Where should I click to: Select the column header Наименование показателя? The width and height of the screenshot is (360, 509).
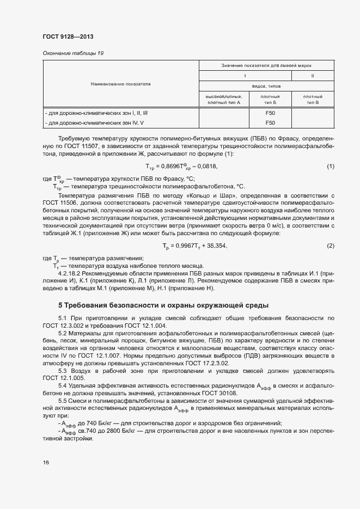[120, 84]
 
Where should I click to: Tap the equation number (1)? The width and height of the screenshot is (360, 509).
[330, 166]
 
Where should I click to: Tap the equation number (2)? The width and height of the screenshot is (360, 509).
[330, 246]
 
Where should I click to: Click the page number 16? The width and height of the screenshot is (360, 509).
[46, 462]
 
